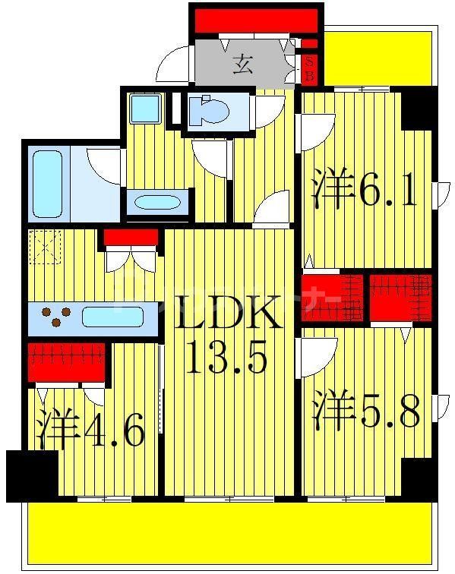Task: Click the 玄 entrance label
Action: point(242,65)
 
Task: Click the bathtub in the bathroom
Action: point(47,181)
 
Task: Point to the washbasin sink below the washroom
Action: point(157,203)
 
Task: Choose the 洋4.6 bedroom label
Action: point(90,430)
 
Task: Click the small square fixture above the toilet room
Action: point(144,109)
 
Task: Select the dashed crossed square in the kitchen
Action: point(45,246)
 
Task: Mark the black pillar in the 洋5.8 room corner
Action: point(419,479)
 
